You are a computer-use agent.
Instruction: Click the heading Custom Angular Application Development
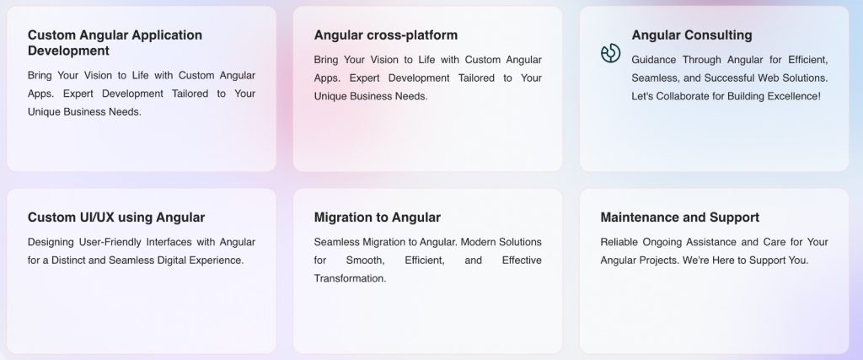(115, 43)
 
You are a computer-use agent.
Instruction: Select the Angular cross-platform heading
(386, 35)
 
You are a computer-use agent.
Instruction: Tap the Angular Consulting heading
(692, 35)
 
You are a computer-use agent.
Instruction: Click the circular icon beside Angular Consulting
(610, 53)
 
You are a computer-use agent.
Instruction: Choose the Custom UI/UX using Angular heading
(116, 218)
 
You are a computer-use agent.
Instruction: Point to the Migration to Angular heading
(377, 218)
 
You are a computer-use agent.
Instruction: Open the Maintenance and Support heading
(680, 218)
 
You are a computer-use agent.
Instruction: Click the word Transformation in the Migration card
(350, 278)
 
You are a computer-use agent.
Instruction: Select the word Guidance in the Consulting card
(653, 60)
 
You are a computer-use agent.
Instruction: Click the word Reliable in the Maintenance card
(619, 242)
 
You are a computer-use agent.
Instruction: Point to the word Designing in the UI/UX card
(50, 242)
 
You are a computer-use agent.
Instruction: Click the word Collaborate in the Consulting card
(683, 96)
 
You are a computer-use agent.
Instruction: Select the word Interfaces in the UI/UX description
(169, 242)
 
